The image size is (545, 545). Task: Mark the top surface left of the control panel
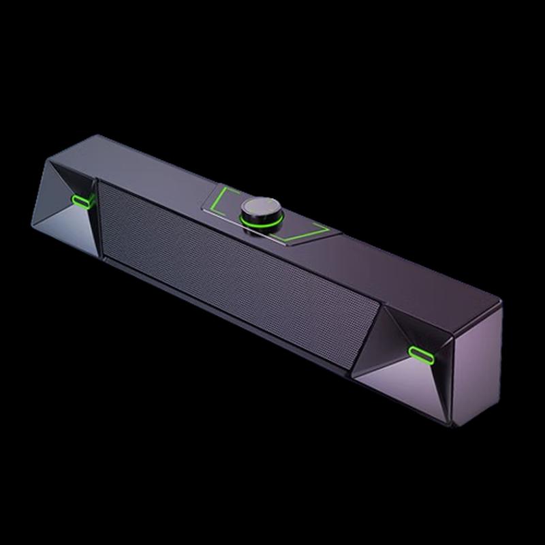click(150, 163)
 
